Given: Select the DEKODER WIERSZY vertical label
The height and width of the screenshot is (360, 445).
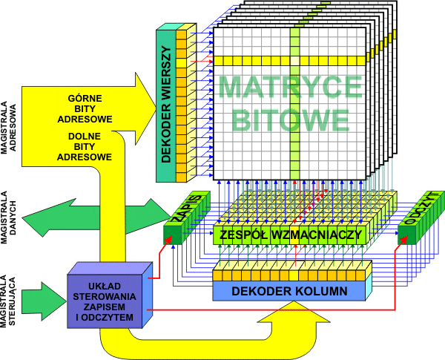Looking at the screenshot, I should click(165, 105).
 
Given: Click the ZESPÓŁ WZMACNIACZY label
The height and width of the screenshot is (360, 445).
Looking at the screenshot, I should click(291, 235).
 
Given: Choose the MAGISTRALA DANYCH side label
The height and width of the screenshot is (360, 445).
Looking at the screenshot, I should click(8, 216).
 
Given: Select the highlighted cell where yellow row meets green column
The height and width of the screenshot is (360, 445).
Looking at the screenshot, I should click(294, 59).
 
